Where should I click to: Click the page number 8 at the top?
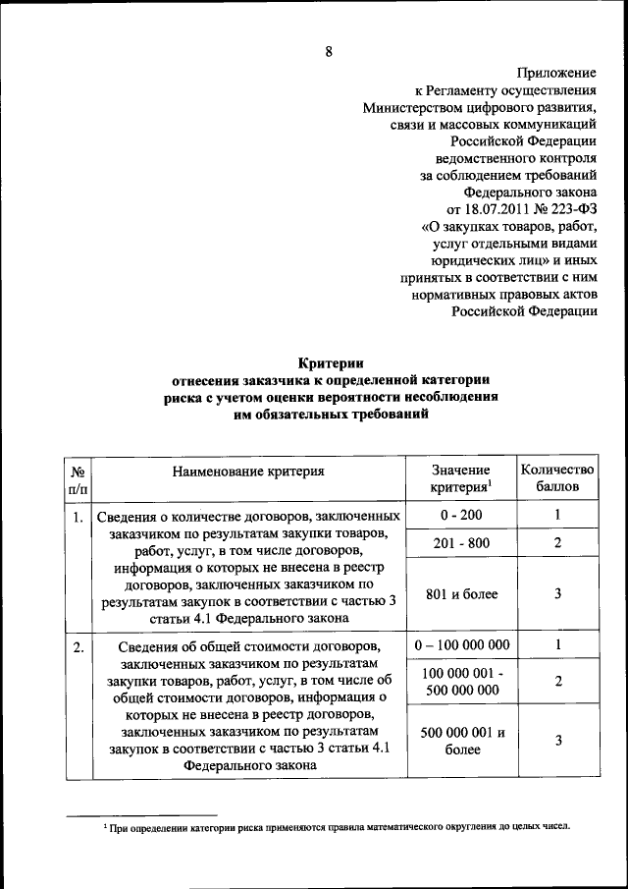[x=330, y=54]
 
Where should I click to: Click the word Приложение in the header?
[x=556, y=73]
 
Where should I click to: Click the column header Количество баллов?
[x=557, y=478]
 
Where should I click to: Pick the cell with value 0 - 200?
[x=461, y=515]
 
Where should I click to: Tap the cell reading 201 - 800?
[x=461, y=543]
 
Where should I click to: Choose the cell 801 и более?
[x=461, y=594]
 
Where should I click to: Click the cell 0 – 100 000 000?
[x=461, y=645]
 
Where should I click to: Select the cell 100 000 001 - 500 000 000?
[x=461, y=681]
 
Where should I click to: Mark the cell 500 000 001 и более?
[x=461, y=741]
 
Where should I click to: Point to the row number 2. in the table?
[x=78, y=646]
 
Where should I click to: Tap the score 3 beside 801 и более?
[x=557, y=594]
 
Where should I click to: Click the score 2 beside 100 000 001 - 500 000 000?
[x=557, y=681]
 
